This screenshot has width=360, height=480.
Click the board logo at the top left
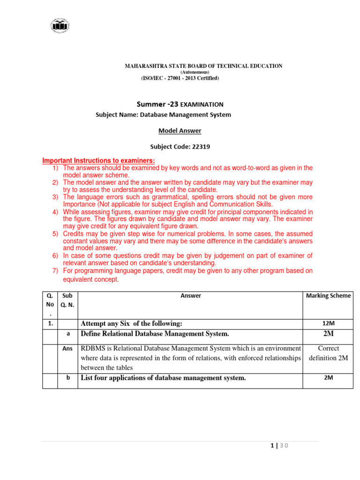(59, 25)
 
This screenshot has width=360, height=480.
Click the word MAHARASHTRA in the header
(142, 66)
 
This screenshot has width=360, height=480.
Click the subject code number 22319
(201, 146)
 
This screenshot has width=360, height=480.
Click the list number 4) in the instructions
(55, 212)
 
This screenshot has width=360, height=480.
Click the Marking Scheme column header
(328, 296)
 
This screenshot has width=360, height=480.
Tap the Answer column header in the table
(191, 296)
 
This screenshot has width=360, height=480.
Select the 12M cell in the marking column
(328, 323)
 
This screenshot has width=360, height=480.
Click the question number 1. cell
(50, 323)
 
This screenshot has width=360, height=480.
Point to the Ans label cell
(67, 349)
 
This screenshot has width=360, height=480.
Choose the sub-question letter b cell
(68, 378)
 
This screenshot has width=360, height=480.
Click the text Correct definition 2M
(328, 353)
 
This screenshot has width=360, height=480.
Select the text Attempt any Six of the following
(131, 323)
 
